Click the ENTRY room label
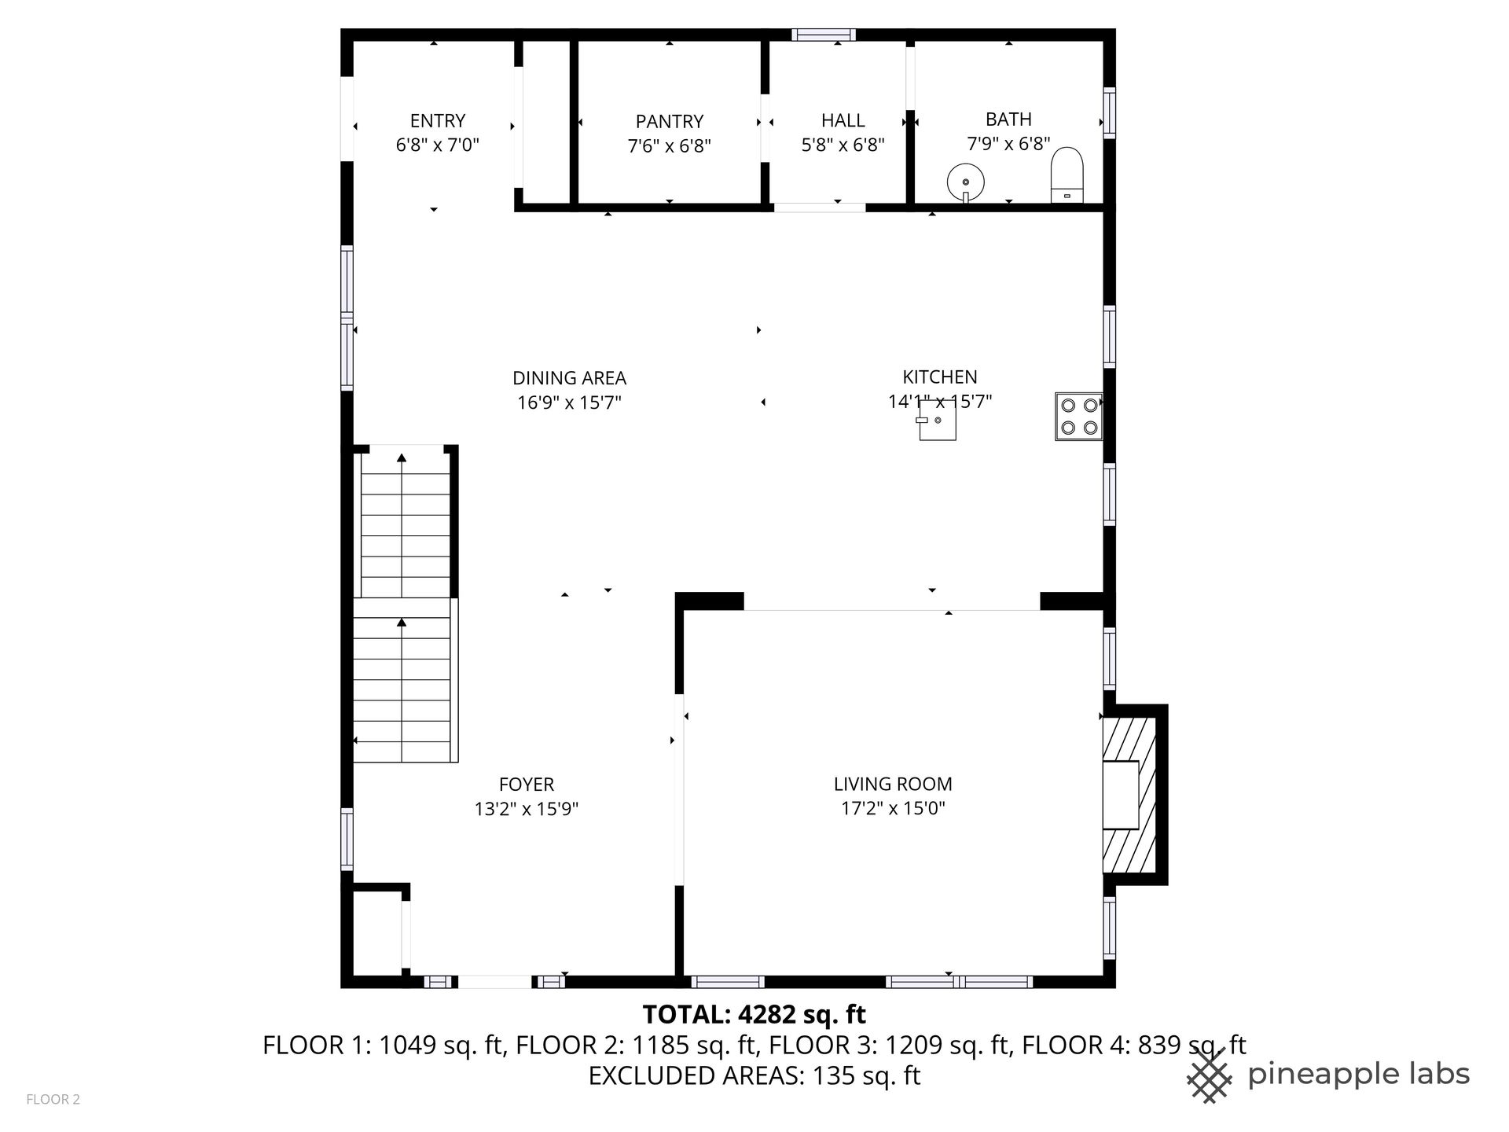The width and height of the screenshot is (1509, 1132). [x=438, y=121]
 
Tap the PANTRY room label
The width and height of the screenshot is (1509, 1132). [x=669, y=122]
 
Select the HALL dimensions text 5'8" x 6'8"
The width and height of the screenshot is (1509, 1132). [x=843, y=145]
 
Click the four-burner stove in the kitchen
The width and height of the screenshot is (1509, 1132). [x=1078, y=417]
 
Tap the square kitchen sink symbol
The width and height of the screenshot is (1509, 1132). [x=938, y=420]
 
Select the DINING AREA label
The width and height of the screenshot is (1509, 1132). [x=569, y=378]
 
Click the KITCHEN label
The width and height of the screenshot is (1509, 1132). [x=940, y=377]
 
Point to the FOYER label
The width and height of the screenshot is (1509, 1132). [x=527, y=785]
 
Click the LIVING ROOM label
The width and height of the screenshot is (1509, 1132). [x=893, y=784]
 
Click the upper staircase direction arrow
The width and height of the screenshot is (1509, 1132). [x=402, y=527]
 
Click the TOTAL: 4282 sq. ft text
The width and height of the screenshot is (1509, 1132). [x=754, y=1015]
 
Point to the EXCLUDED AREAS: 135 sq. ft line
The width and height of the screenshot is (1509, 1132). [x=754, y=1075]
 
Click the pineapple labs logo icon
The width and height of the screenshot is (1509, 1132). [x=1210, y=1074]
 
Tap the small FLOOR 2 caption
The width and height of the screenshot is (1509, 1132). [x=53, y=1100]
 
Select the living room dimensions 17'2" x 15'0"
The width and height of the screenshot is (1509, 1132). [x=893, y=808]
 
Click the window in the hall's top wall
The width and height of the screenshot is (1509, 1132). [x=824, y=35]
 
